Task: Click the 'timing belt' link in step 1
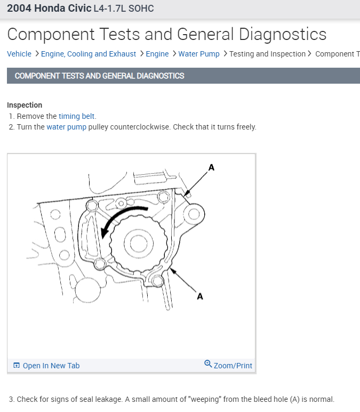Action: point(77,116)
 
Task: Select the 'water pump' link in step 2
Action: point(66,127)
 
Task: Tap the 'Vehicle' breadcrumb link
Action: point(19,54)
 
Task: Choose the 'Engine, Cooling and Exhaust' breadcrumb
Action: point(89,54)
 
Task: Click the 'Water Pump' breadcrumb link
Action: point(199,54)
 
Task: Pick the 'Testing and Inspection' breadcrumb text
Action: point(267,54)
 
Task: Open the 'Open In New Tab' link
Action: point(51,366)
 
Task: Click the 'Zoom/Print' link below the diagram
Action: point(233,366)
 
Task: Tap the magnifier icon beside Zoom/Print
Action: point(208,364)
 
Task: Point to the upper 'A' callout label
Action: point(211,167)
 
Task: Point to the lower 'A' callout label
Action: point(199,296)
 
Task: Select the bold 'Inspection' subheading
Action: point(25,105)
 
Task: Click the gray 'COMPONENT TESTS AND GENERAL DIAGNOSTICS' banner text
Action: point(100,76)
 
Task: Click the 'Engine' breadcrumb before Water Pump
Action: point(157,54)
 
